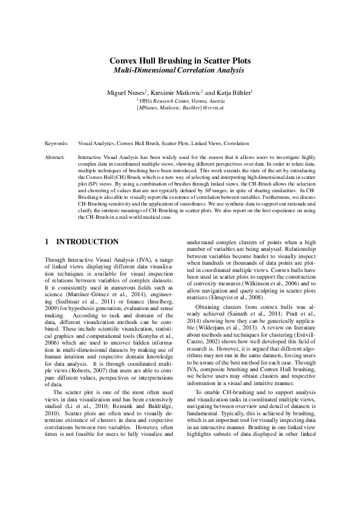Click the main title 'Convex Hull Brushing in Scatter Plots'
tap(180, 61)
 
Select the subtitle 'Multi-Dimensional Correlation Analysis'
tap(180, 71)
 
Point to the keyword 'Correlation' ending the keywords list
tap(236, 144)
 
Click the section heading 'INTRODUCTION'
tap(87, 242)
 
